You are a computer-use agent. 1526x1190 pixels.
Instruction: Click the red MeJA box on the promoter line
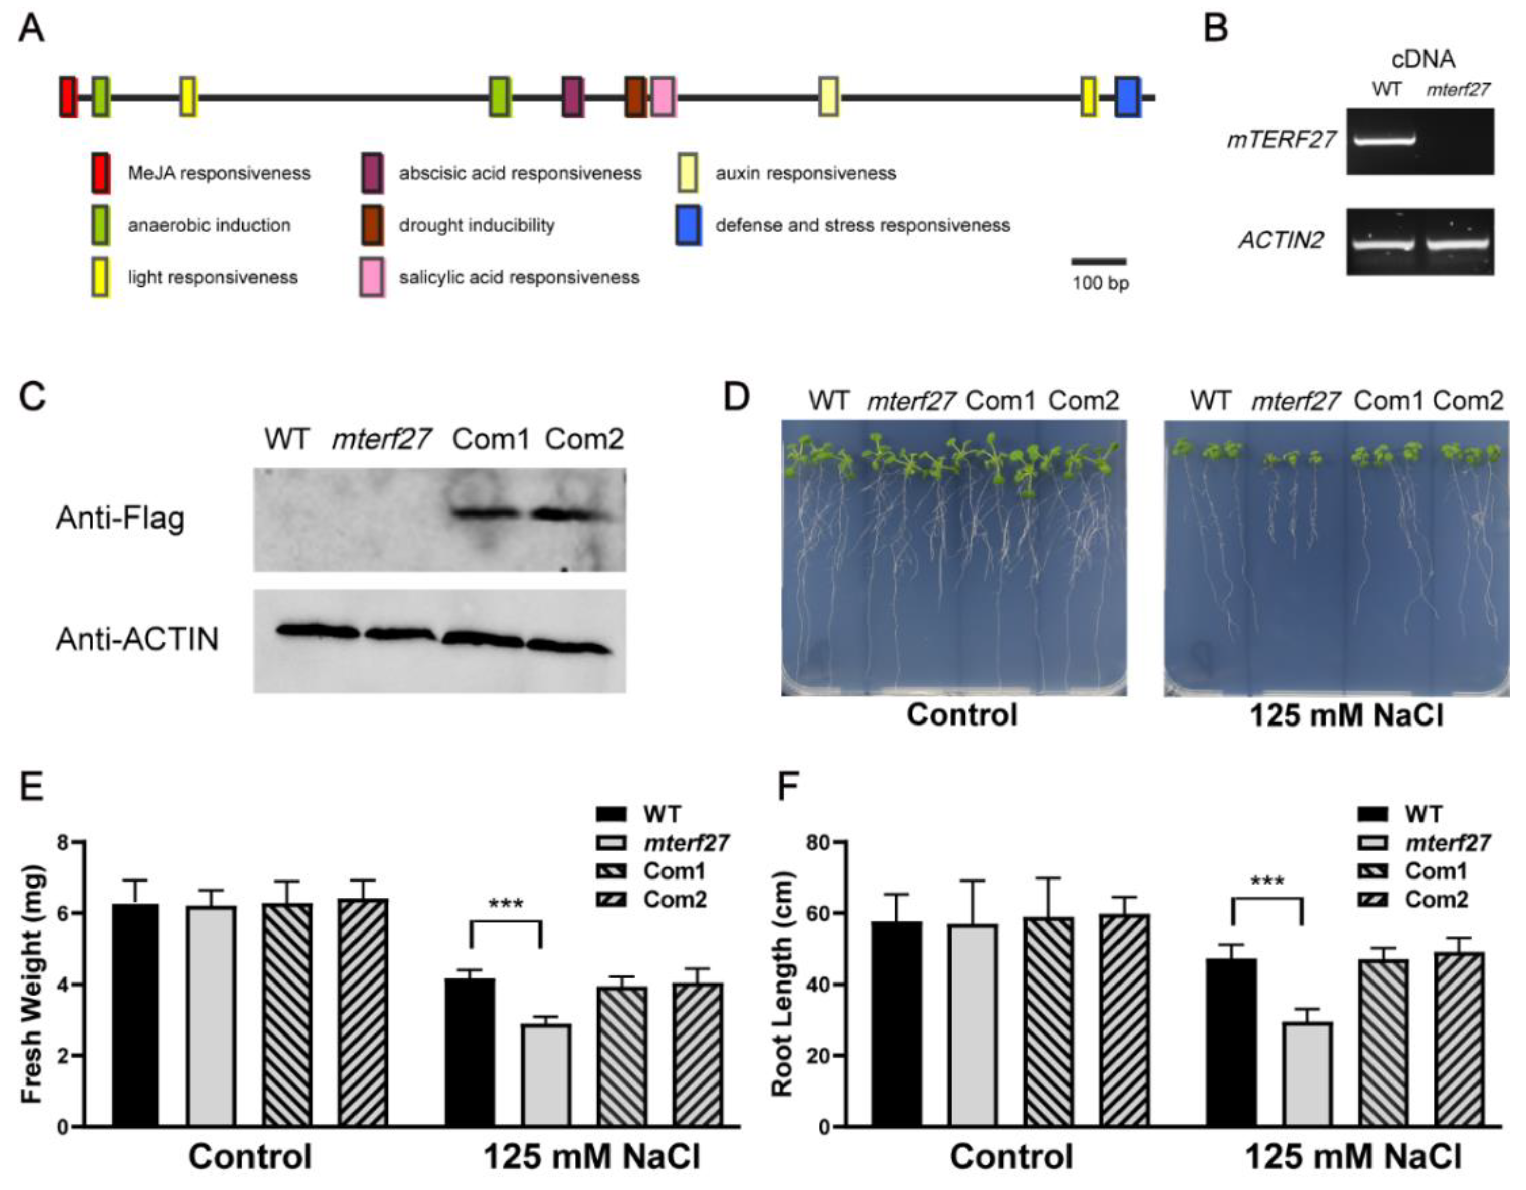coord(68,97)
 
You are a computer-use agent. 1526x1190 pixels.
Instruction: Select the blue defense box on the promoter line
coord(1127,97)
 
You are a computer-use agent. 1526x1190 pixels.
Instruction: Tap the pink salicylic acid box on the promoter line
coord(663,97)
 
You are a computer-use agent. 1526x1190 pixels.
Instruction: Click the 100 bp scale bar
coord(1099,262)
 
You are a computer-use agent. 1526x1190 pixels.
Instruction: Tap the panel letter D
coord(736,398)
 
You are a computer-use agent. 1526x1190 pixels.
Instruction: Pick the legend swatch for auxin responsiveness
coord(688,173)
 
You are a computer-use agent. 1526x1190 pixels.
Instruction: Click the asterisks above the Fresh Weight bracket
coord(506,904)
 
